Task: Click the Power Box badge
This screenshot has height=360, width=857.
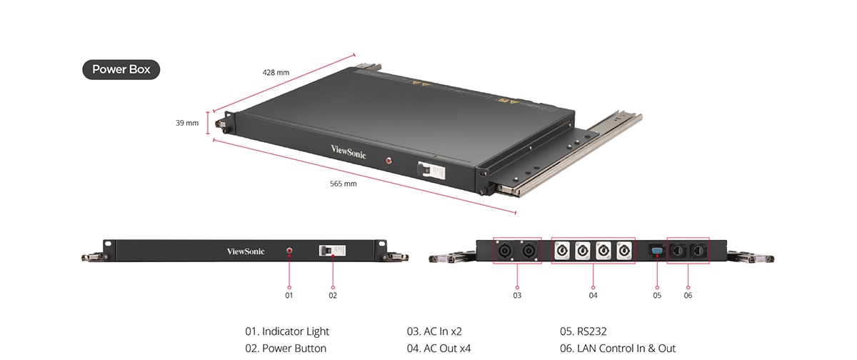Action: pyautogui.click(x=121, y=70)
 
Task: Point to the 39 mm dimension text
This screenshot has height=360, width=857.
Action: pyautogui.click(x=187, y=123)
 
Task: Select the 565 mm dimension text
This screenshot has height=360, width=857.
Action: pyautogui.click(x=343, y=184)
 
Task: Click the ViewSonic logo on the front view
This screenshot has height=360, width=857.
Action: pyautogui.click(x=245, y=251)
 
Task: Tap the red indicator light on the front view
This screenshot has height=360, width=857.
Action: pyautogui.click(x=289, y=251)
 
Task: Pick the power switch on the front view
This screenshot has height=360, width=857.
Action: pyautogui.click(x=331, y=251)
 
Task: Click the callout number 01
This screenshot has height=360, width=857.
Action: pyautogui.click(x=289, y=295)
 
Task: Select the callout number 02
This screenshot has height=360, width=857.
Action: pyautogui.click(x=333, y=295)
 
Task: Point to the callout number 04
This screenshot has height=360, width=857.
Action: pyautogui.click(x=593, y=295)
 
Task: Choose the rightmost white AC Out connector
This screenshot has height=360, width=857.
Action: pyautogui.click(x=624, y=251)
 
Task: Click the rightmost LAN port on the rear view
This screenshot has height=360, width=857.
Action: pyautogui.click(x=697, y=251)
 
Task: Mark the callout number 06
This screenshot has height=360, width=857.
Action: pyautogui.click(x=688, y=295)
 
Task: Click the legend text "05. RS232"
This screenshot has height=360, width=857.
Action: pyautogui.click(x=583, y=331)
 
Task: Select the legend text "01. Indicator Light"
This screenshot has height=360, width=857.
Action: pyautogui.click(x=287, y=331)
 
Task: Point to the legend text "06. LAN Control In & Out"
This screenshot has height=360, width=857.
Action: pyautogui.click(x=618, y=349)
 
